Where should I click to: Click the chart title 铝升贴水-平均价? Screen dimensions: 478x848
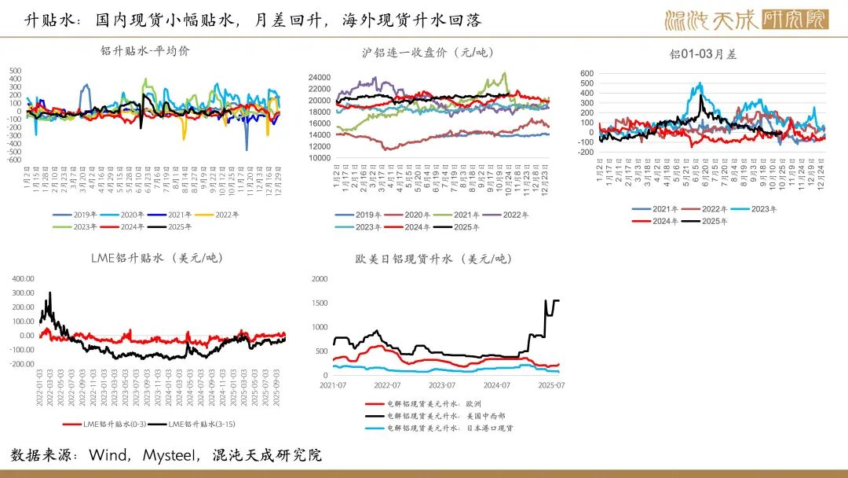145,51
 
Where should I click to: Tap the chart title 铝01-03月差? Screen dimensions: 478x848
703,54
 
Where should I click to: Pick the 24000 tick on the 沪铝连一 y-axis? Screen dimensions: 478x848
320,77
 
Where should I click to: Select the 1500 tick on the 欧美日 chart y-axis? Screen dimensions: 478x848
319,303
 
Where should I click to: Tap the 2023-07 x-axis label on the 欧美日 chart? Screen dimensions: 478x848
442,386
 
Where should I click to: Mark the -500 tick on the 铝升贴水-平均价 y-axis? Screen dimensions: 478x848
16,151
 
